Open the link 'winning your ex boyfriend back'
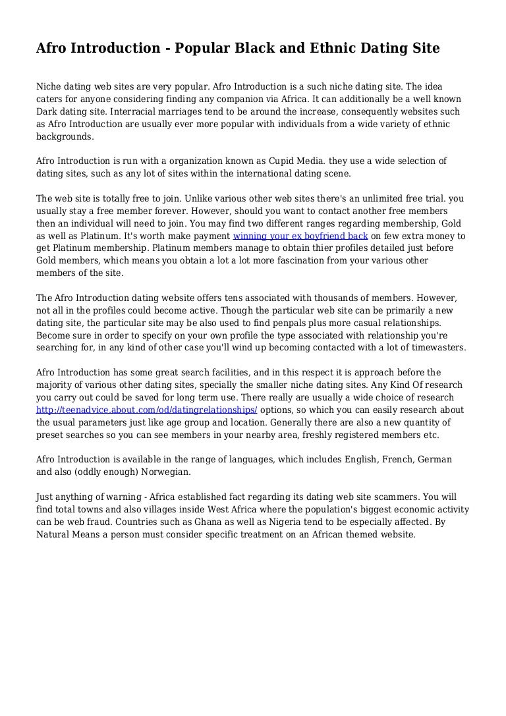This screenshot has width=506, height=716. [x=300, y=236]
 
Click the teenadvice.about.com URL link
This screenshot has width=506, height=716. [x=147, y=410]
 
